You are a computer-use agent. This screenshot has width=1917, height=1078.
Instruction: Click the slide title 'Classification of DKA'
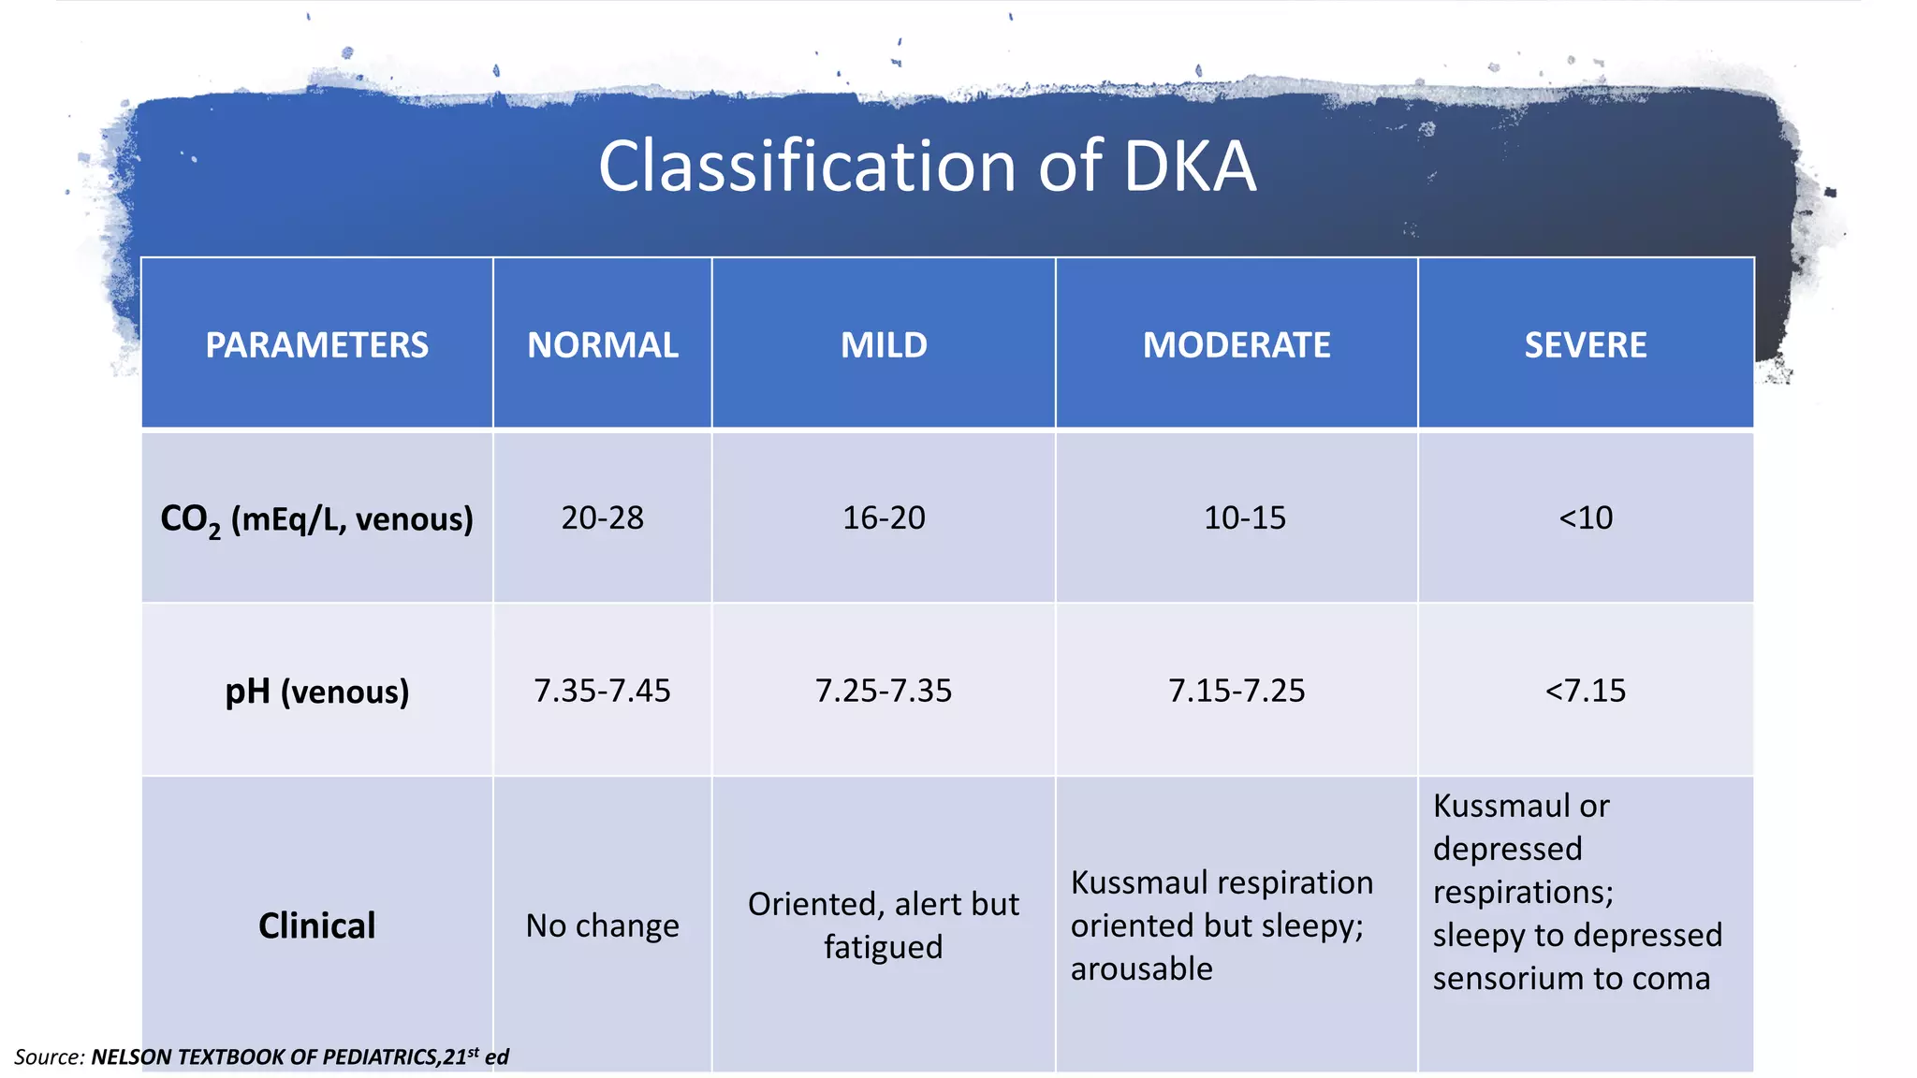[x=927, y=167]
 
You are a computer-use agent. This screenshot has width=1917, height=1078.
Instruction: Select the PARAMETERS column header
[x=316, y=345]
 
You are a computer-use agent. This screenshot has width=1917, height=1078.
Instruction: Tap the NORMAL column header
[x=602, y=345]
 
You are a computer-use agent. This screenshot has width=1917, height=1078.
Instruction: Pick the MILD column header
[x=884, y=345]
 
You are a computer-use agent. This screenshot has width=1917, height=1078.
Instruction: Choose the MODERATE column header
[x=1236, y=345]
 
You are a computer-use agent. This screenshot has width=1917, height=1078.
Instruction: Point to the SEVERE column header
[x=1585, y=345]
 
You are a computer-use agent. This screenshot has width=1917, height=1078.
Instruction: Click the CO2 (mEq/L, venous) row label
[x=316, y=518]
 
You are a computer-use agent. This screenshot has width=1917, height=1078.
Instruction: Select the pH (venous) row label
[x=316, y=692]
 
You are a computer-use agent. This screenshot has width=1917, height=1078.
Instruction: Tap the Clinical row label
[x=316, y=925]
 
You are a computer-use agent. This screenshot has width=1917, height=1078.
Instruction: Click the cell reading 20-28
[x=602, y=517]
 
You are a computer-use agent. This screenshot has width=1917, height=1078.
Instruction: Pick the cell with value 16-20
[x=884, y=517]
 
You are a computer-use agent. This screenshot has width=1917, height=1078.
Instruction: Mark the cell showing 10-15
[x=1244, y=517]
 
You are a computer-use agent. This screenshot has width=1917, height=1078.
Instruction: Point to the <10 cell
[x=1585, y=517]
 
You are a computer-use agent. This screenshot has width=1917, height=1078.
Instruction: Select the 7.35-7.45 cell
[x=602, y=691]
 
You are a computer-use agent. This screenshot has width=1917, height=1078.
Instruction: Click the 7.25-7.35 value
[x=884, y=691]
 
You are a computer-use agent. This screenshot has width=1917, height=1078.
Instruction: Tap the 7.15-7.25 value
[x=1236, y=691]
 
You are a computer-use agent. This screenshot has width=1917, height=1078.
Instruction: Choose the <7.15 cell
[x=1585, y=691]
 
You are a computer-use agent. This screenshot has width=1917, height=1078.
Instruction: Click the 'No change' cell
[x=602, y=925]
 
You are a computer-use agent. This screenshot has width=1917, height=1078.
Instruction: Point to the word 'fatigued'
[x=884, y=947]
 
